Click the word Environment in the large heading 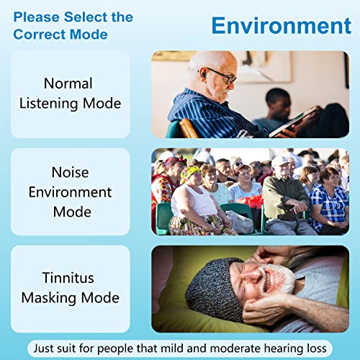point(282,26)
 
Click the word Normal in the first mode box point(68,84)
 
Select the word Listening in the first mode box point(49,104)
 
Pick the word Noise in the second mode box point(70,172)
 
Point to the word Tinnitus point(68,278)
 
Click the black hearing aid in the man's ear point(204,73)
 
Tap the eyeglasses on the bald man point(220,76)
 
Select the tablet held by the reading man point(293,122)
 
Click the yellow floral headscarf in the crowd point(190,174)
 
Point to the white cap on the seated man point(280,161)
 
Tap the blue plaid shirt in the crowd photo point(329,207)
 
